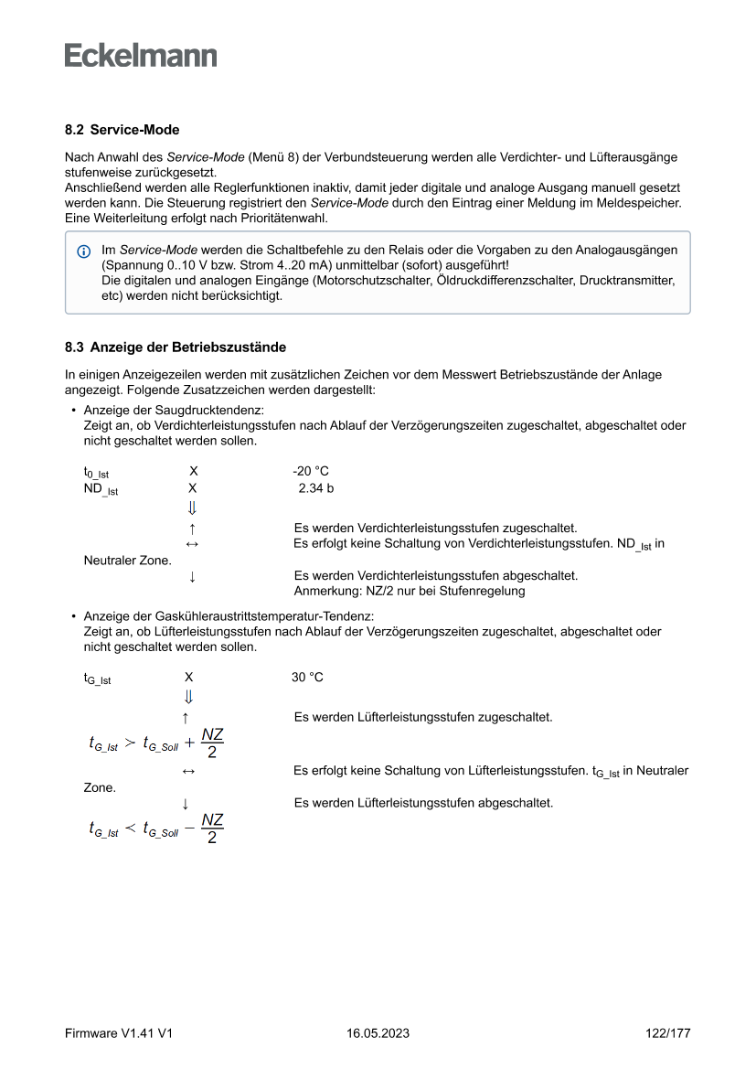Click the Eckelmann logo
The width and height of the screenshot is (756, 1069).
pos(141,56)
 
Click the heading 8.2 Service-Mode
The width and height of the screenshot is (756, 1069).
pos(122,131)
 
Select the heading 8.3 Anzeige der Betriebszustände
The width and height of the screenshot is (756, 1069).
pos(175,347)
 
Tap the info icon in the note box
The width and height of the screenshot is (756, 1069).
pos(84,251)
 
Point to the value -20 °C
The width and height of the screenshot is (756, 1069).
pos(311,471)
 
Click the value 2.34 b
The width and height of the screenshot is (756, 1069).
pos(315,488)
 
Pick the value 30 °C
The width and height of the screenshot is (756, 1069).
pos(307,678)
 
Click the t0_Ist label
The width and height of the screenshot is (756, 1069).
pos(96,473)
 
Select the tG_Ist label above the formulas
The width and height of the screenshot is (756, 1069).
pos(97,679)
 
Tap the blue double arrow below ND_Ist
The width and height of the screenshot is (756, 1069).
pos(192,508)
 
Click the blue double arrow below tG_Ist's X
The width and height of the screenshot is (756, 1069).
pos(188,698)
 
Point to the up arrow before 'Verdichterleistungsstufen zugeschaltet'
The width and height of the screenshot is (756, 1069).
pos(192,529)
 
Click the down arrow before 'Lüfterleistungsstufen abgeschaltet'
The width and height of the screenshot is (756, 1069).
pos(186,804)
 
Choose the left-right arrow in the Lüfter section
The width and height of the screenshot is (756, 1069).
pos(187,772)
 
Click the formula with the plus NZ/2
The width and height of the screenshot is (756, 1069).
pos(156,743)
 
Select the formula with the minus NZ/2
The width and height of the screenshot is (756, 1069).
pos(156,828)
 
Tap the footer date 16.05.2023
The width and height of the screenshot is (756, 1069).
pos(378,1033)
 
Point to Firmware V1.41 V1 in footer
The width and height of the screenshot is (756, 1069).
pos(119,1033)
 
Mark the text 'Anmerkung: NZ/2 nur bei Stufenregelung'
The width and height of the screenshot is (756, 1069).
pos(410,591)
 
